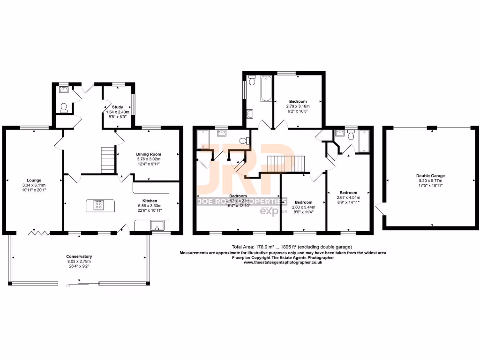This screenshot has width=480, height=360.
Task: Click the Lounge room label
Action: pyautogui.click(x=34, y=180)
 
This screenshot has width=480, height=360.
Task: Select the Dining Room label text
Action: pyautogui.click(x=149, y=154)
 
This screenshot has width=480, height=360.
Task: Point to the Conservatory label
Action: pyautogui.click(x=79, y=256)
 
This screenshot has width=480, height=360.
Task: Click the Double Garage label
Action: pyautogui.click(x=430, y=176)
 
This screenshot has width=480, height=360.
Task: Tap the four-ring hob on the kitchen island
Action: pyautogui.click(x=99, y=204)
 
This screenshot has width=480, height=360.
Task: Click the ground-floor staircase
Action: pyautogui.click(x=108, y=160)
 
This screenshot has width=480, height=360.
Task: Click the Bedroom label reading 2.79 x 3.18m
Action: pyautogui.click(x=298, y=106)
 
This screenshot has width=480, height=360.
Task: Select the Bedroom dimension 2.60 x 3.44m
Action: pyautogui.click(x=303, y=207)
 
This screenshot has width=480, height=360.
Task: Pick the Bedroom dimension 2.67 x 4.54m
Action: pyautogui.click(x=348, y=197)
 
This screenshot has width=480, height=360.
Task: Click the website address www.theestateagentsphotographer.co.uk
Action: pyautogui.click(x=283, y=262)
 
